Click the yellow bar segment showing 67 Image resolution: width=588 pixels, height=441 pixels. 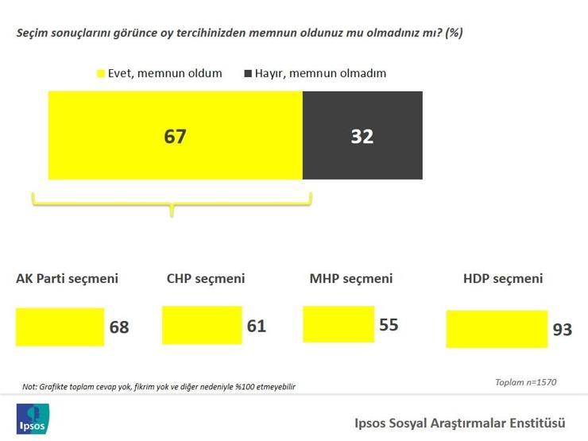click(176, 135)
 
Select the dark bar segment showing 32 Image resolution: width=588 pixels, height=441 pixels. click(362, 135)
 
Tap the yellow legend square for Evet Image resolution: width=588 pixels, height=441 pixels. click(100, 73)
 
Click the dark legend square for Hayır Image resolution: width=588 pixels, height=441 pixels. click(248, 73)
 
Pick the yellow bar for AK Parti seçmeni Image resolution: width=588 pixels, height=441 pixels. click(60, 327)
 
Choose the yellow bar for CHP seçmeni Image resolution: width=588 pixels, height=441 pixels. click(202, 325)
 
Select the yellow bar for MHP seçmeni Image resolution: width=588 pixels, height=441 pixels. click(338, 324)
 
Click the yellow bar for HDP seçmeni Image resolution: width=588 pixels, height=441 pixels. click(497, 329)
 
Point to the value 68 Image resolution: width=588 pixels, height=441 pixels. click(119, 327)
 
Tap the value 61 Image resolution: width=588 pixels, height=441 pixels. click(257, 326)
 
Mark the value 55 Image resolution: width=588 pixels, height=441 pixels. click(389, 325)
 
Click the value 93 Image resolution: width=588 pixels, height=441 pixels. click(563, 330)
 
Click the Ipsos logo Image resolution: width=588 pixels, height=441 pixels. click(33, 419)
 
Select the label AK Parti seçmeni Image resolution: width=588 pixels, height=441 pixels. click(67, 279)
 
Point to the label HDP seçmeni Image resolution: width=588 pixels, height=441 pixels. click(503, 279)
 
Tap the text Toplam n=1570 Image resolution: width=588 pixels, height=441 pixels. click(526, 382)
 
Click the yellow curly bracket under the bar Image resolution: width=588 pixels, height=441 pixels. click(172, 204)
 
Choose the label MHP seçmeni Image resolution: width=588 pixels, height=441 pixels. click(351, 279)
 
